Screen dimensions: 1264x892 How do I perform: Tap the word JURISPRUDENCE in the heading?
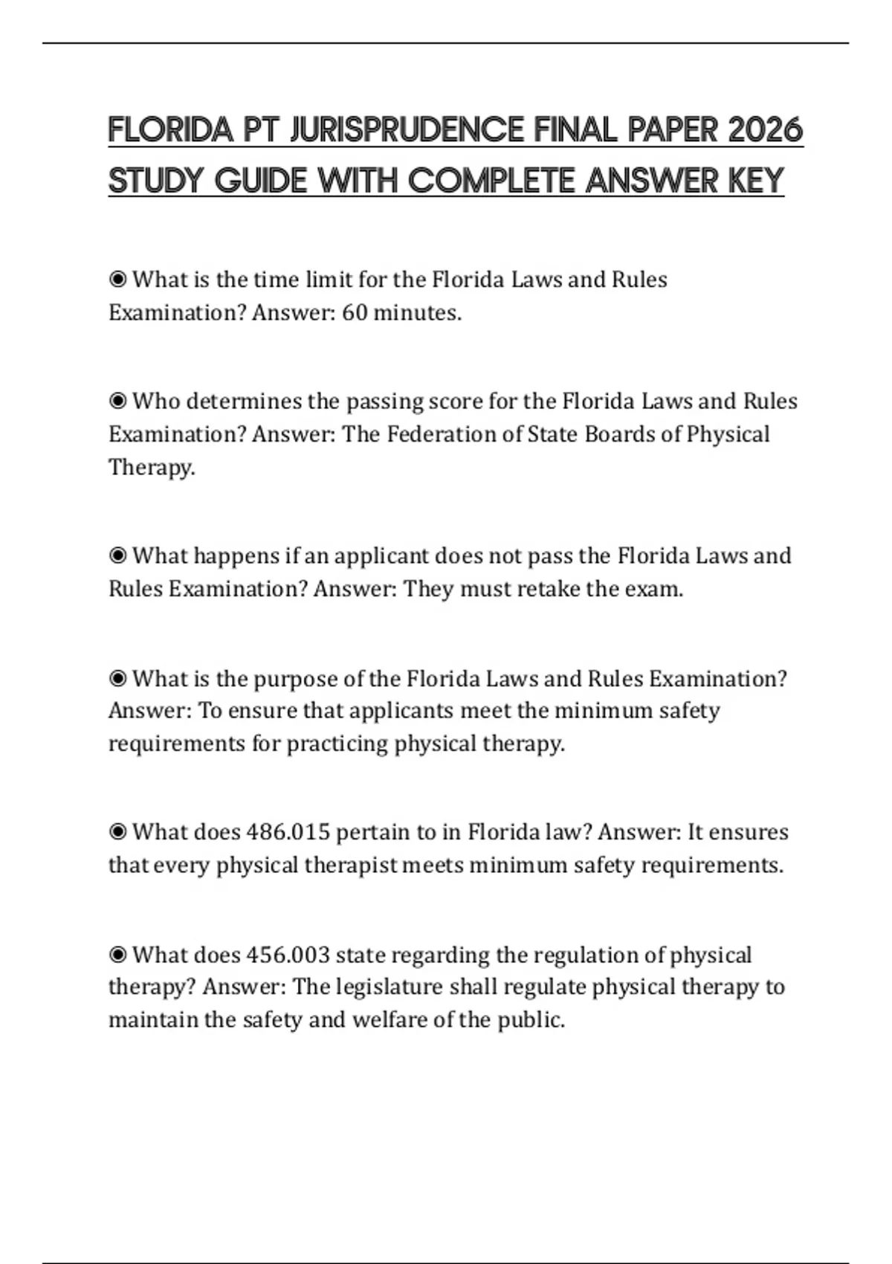point(406,131)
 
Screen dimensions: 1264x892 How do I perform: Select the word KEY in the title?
point(757,181)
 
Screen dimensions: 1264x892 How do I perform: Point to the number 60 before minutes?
point(355,312)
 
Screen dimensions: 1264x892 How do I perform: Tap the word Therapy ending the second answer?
point(151,467)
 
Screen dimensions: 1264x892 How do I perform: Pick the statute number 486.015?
point(288,832)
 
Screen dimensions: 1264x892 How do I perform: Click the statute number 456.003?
point(288,955)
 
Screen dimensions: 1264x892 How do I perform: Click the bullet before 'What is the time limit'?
point(117,280)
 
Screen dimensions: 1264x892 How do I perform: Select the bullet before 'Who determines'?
point(117,402)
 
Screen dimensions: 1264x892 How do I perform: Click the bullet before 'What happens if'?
point(117,556)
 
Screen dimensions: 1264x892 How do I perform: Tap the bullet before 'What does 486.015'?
point(117,832)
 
